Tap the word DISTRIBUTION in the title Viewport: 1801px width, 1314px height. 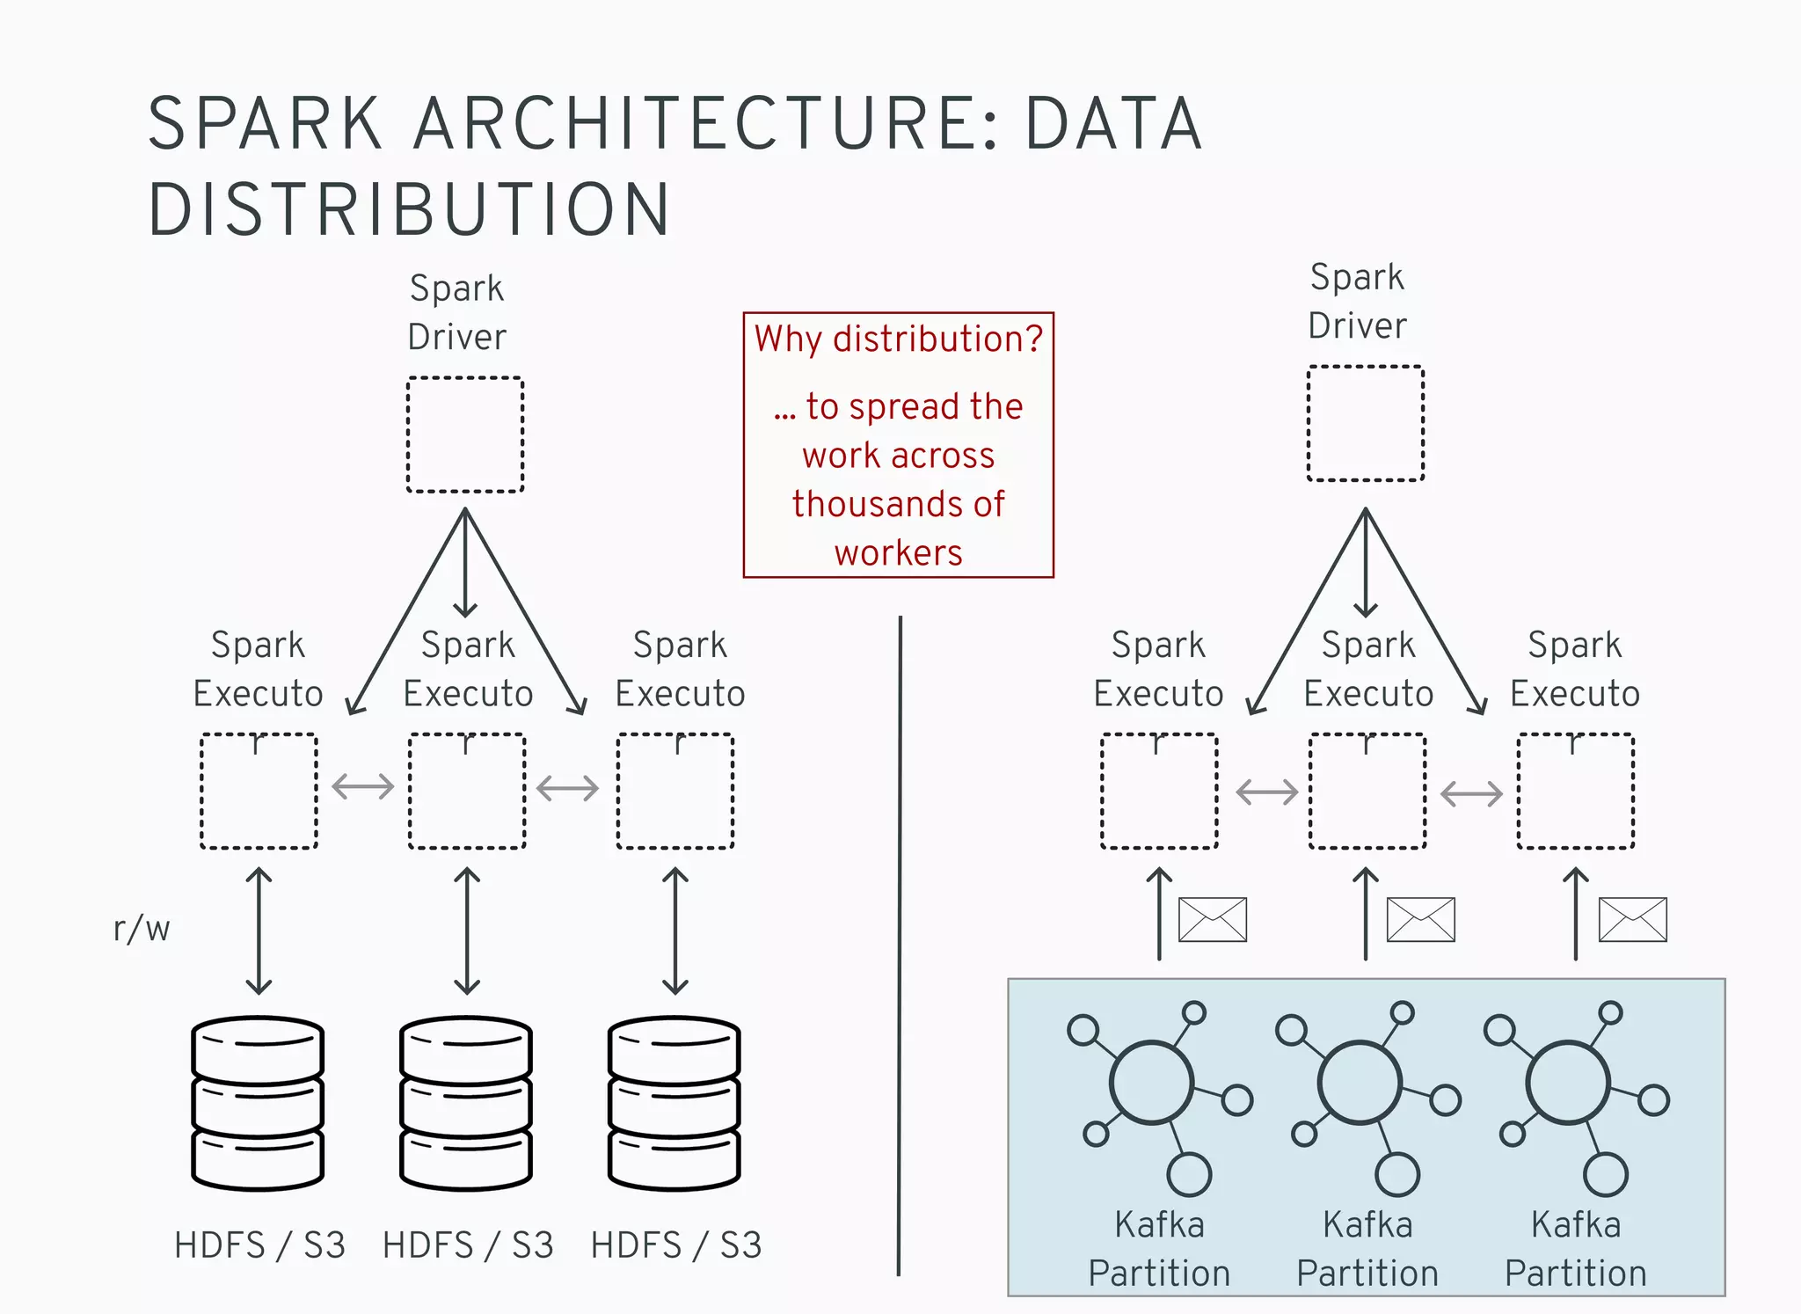409,210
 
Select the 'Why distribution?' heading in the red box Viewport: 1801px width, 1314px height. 898,339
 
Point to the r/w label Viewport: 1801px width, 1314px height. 141,929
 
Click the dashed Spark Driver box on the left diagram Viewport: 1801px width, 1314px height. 465,434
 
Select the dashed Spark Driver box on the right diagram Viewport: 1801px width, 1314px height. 1365,423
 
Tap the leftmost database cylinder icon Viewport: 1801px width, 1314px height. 258,1103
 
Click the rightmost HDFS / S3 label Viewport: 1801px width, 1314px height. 675,1245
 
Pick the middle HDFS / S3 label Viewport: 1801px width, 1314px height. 467,1245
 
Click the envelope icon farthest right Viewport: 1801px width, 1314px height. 1632,919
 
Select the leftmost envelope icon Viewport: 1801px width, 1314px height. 1212,919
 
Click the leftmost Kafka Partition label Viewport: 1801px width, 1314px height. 1159,1249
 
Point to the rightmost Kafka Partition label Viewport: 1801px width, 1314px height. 1575,1249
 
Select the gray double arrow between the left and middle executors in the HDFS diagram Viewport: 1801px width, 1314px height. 362,786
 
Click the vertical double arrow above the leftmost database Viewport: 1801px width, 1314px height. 259,931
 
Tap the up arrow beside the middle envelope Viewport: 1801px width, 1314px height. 1365,915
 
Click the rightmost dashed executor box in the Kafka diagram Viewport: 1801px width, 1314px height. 1575,791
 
